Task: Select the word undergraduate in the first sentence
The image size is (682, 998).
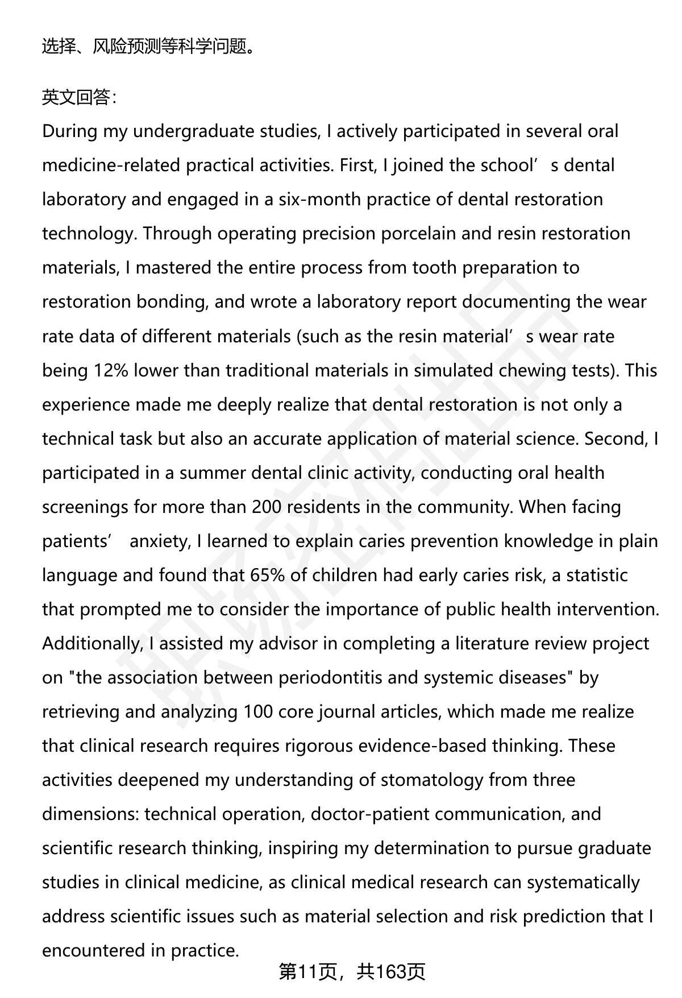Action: (x=189, y=131)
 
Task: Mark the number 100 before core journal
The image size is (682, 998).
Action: (x=258, y=711)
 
